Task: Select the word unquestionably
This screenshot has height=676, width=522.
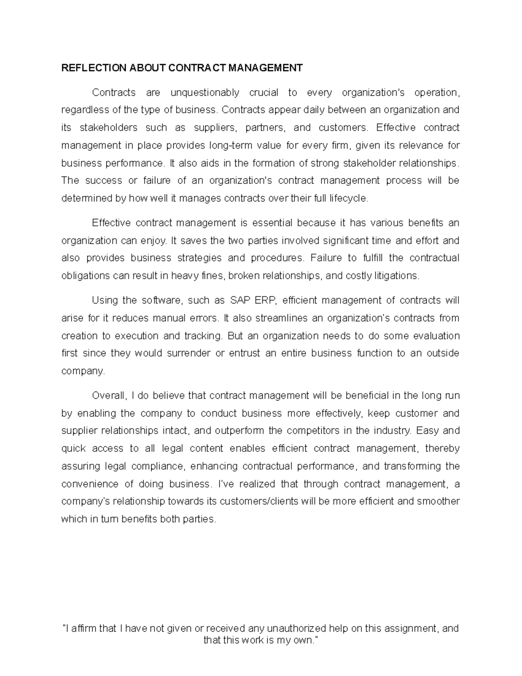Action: click(205, 93)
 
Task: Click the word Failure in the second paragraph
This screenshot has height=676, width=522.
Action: click(325, 258)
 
